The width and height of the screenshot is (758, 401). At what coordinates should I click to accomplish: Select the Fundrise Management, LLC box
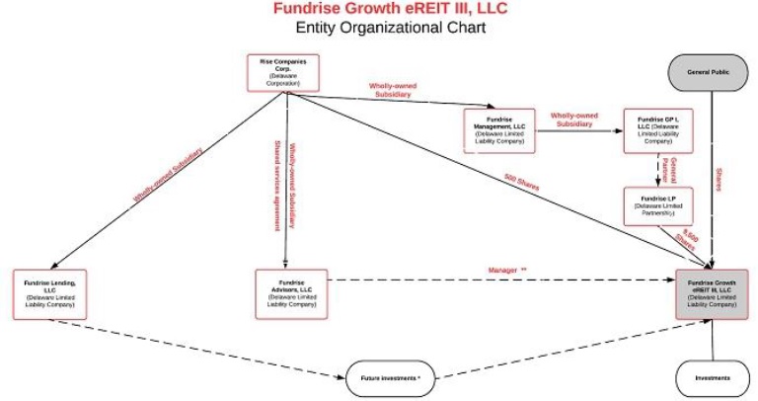(498, 130)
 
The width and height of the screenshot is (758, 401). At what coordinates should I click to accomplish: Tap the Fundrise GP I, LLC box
(656, 130)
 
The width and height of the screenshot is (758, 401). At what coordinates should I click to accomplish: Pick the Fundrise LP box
(657, 205)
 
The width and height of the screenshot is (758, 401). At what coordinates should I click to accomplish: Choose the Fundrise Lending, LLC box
(49, 293)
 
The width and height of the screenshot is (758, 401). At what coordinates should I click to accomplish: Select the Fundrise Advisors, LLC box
(290, 293)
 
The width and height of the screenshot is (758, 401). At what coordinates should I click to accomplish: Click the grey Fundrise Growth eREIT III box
(712, 293)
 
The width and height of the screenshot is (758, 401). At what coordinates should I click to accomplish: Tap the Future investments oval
(390, 378)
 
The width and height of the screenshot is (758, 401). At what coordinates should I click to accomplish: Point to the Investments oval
(712, 378)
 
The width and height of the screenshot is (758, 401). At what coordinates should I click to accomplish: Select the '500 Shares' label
(521, 184)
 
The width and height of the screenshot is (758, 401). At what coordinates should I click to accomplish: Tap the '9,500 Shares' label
(688, 238)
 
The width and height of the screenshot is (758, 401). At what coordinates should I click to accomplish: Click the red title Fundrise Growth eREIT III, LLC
(378, 10)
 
